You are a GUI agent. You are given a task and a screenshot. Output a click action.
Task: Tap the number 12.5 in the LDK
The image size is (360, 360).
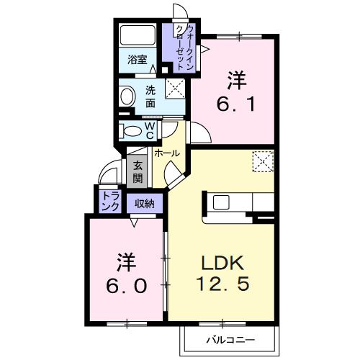223,284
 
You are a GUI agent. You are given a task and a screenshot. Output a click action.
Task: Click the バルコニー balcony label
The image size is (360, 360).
228,338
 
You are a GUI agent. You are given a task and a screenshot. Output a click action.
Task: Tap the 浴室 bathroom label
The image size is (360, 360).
137,60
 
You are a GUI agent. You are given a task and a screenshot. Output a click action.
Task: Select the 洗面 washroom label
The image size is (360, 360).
150,96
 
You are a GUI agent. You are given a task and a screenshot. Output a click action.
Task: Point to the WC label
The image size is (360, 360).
150,130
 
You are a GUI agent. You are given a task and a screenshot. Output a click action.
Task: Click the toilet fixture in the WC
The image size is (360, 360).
132,132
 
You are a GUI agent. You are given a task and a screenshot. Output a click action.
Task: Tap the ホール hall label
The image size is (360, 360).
167,153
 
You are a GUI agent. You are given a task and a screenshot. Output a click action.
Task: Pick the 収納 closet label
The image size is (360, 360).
145,203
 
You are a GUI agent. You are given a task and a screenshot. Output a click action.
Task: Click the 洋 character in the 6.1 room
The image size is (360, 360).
235,78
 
